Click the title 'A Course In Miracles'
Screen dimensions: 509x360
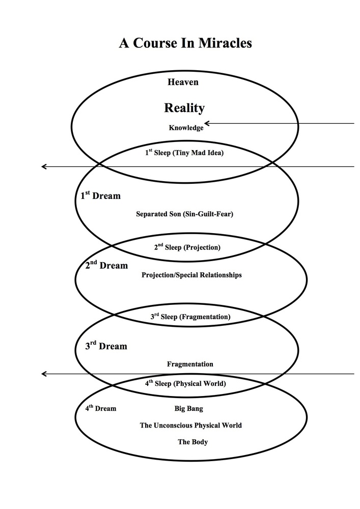(185, 43)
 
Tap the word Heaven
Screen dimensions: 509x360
(183, 81)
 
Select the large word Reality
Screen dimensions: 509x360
(184, 108)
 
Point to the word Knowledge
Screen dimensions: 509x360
(186, 128)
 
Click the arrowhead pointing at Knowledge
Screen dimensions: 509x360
(207, 123)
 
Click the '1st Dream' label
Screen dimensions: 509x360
(100, 195)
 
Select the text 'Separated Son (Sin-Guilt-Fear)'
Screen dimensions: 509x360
(184, 214)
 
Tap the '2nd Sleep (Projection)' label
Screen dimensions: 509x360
(187, 247)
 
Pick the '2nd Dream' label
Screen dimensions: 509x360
(106, 265)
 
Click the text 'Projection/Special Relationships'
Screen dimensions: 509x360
(191, 275)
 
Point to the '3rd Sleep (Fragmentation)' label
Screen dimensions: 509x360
(190, 317)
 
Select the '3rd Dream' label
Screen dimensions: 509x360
(106, 346)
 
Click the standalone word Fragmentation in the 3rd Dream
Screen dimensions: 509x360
(190, 364)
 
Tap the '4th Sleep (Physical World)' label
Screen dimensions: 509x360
(185, 383)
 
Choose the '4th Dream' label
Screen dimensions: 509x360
(100, 408)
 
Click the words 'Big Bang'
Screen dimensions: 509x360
(188, 408)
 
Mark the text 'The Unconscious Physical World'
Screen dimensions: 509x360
(190, 425)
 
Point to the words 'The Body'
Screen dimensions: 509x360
(192, 442)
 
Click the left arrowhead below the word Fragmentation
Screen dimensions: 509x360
(44, 374)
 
